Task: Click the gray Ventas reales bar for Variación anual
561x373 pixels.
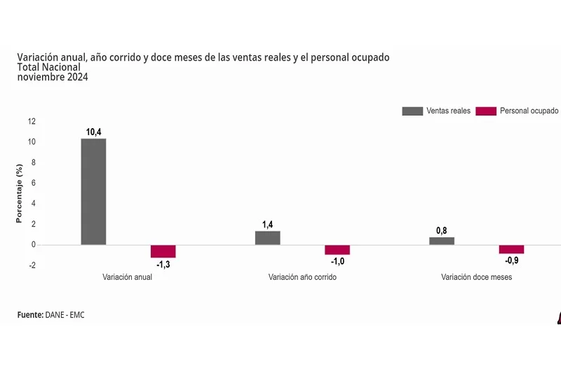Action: (93, 191)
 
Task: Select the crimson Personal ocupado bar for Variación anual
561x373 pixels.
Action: (163, 251)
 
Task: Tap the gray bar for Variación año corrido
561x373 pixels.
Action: (267, 238)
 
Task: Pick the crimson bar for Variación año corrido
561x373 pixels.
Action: (337, 250)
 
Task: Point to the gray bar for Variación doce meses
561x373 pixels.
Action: (442, 241)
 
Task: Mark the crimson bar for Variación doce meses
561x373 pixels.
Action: (511, 249)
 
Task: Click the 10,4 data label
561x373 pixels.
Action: (93, 132)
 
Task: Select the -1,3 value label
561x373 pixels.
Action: (163, 265)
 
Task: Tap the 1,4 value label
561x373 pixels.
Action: (267, 224)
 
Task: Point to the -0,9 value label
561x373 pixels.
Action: (511, 260)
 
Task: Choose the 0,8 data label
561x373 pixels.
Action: (442, 230)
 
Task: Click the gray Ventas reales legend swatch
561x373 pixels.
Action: (412, 111)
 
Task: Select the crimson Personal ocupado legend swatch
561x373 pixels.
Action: (485, 111)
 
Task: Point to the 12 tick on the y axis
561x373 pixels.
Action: (32, 121)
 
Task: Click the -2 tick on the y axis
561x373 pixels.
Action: (32, 265)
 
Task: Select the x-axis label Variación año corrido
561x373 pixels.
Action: (302, 277)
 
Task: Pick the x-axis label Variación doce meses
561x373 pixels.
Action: (476, 277)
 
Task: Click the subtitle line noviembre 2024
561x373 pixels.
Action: (53, 77)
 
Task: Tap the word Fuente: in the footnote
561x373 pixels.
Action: (30, 315)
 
